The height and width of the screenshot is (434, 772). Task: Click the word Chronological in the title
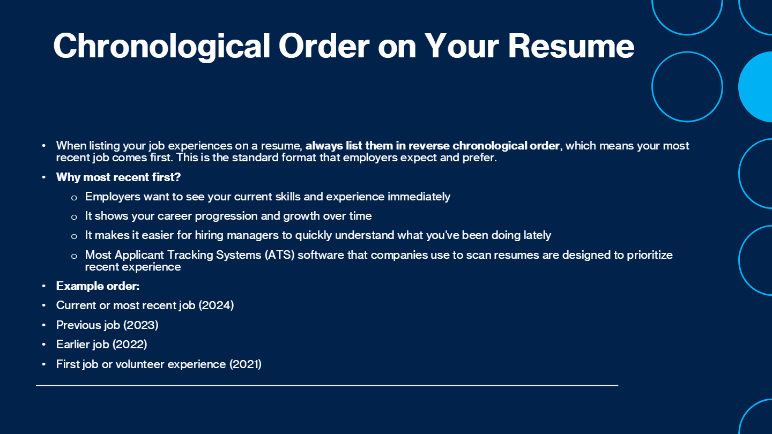161,47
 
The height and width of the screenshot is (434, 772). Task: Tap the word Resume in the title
571,46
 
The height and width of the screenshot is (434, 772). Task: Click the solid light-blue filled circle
755,87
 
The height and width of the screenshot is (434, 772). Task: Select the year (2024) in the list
217,305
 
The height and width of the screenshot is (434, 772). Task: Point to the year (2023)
140,325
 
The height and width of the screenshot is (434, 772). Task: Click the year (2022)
130,344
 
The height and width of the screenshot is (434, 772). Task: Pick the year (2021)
246,364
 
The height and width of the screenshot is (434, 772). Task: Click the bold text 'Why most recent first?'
118,177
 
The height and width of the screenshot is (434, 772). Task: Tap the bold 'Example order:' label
98,286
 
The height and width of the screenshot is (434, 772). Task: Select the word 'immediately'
419,197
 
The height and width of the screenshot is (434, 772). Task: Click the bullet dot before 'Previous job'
44,325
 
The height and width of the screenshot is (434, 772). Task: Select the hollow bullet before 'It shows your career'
74,217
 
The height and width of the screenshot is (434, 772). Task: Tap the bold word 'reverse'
429,146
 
